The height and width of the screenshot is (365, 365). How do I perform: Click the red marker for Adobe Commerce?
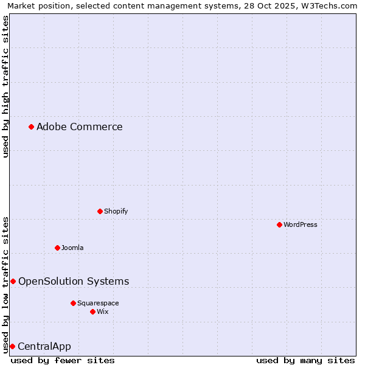point(31,127)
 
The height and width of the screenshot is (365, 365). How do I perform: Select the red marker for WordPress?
point(279,224)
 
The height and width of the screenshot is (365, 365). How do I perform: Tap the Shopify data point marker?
point(100,211)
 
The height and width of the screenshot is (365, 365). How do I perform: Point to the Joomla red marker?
point(57,248)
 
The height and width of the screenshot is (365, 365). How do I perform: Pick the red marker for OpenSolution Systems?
point(13,281)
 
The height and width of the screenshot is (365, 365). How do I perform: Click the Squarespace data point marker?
point(73,303)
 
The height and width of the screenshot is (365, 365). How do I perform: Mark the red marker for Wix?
point(92,311)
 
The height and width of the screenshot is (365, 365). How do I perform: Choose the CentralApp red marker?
point(12,346)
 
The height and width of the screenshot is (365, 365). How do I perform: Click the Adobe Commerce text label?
point(79,127)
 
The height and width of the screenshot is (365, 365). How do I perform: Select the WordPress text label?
point(301,225)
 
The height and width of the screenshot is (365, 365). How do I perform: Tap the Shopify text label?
point(116,212)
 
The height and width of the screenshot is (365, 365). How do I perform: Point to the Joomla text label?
point(72,248)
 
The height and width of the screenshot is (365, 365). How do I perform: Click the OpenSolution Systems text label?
point(74,282)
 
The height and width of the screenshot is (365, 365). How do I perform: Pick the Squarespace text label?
point(98,304)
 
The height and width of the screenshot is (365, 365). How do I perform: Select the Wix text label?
point(103,312)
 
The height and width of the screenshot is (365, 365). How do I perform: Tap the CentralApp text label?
point(44,347)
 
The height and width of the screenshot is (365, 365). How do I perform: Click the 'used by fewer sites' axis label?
point(63,360)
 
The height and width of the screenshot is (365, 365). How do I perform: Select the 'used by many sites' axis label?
point(305,360)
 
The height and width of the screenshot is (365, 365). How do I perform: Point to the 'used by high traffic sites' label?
point(5,86)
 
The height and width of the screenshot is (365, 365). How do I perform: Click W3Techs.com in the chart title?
point(327,5)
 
